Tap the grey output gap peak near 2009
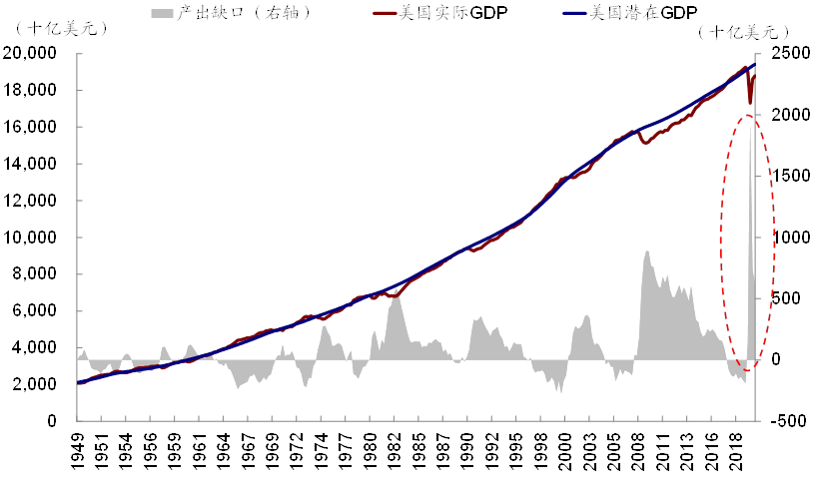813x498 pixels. point(647,251)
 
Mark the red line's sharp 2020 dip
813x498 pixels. point(750,102)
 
